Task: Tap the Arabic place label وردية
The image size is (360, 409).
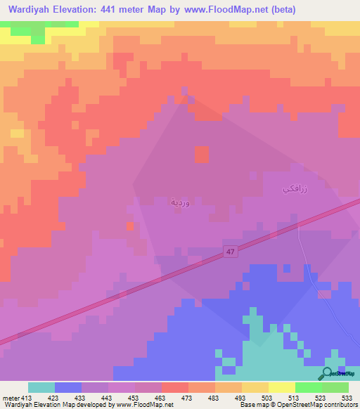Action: [x=179, y=202]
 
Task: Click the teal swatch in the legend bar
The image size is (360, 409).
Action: [x=41, y=387]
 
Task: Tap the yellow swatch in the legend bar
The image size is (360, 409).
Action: [x=282, y=387]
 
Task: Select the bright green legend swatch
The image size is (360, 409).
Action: [x=309, y=387]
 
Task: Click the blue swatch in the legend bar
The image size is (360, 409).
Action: [x=68, y=387]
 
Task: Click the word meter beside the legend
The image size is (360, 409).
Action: [x=9, y=397]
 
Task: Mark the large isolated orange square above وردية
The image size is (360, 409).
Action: [x=202, y=154]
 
